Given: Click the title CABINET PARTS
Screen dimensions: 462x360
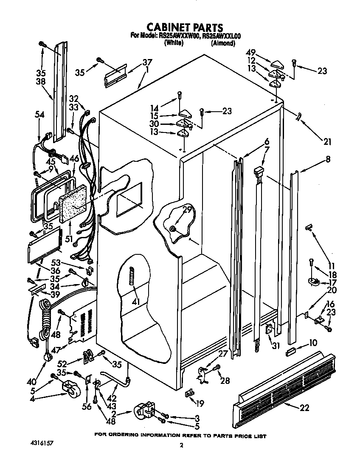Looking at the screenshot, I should [180, 28].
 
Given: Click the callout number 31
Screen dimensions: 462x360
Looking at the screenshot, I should [276, 346].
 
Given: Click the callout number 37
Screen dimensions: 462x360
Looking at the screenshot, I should [147, 62].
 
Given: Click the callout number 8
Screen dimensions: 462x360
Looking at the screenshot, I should [328, 160].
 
